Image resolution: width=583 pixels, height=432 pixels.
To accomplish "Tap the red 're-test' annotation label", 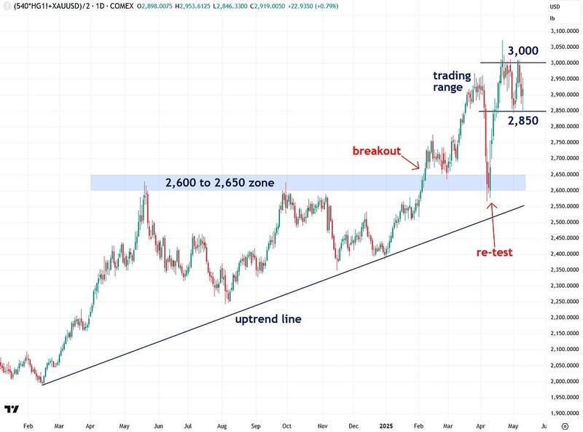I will coord(493,252).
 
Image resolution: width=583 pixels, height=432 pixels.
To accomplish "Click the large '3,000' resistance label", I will coord(523,51).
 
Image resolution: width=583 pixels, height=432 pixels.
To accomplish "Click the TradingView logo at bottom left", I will coord(12,409).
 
